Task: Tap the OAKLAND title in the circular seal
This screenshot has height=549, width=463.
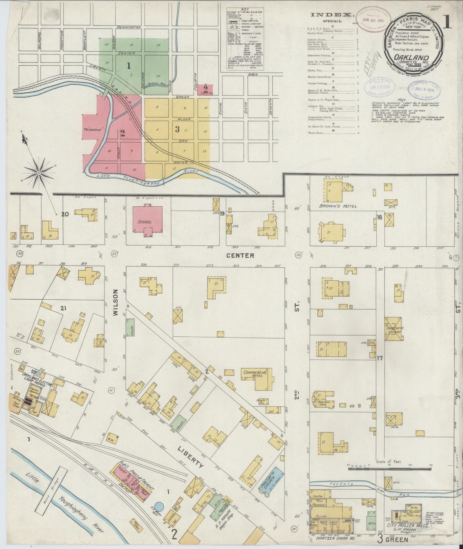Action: [411, 57]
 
